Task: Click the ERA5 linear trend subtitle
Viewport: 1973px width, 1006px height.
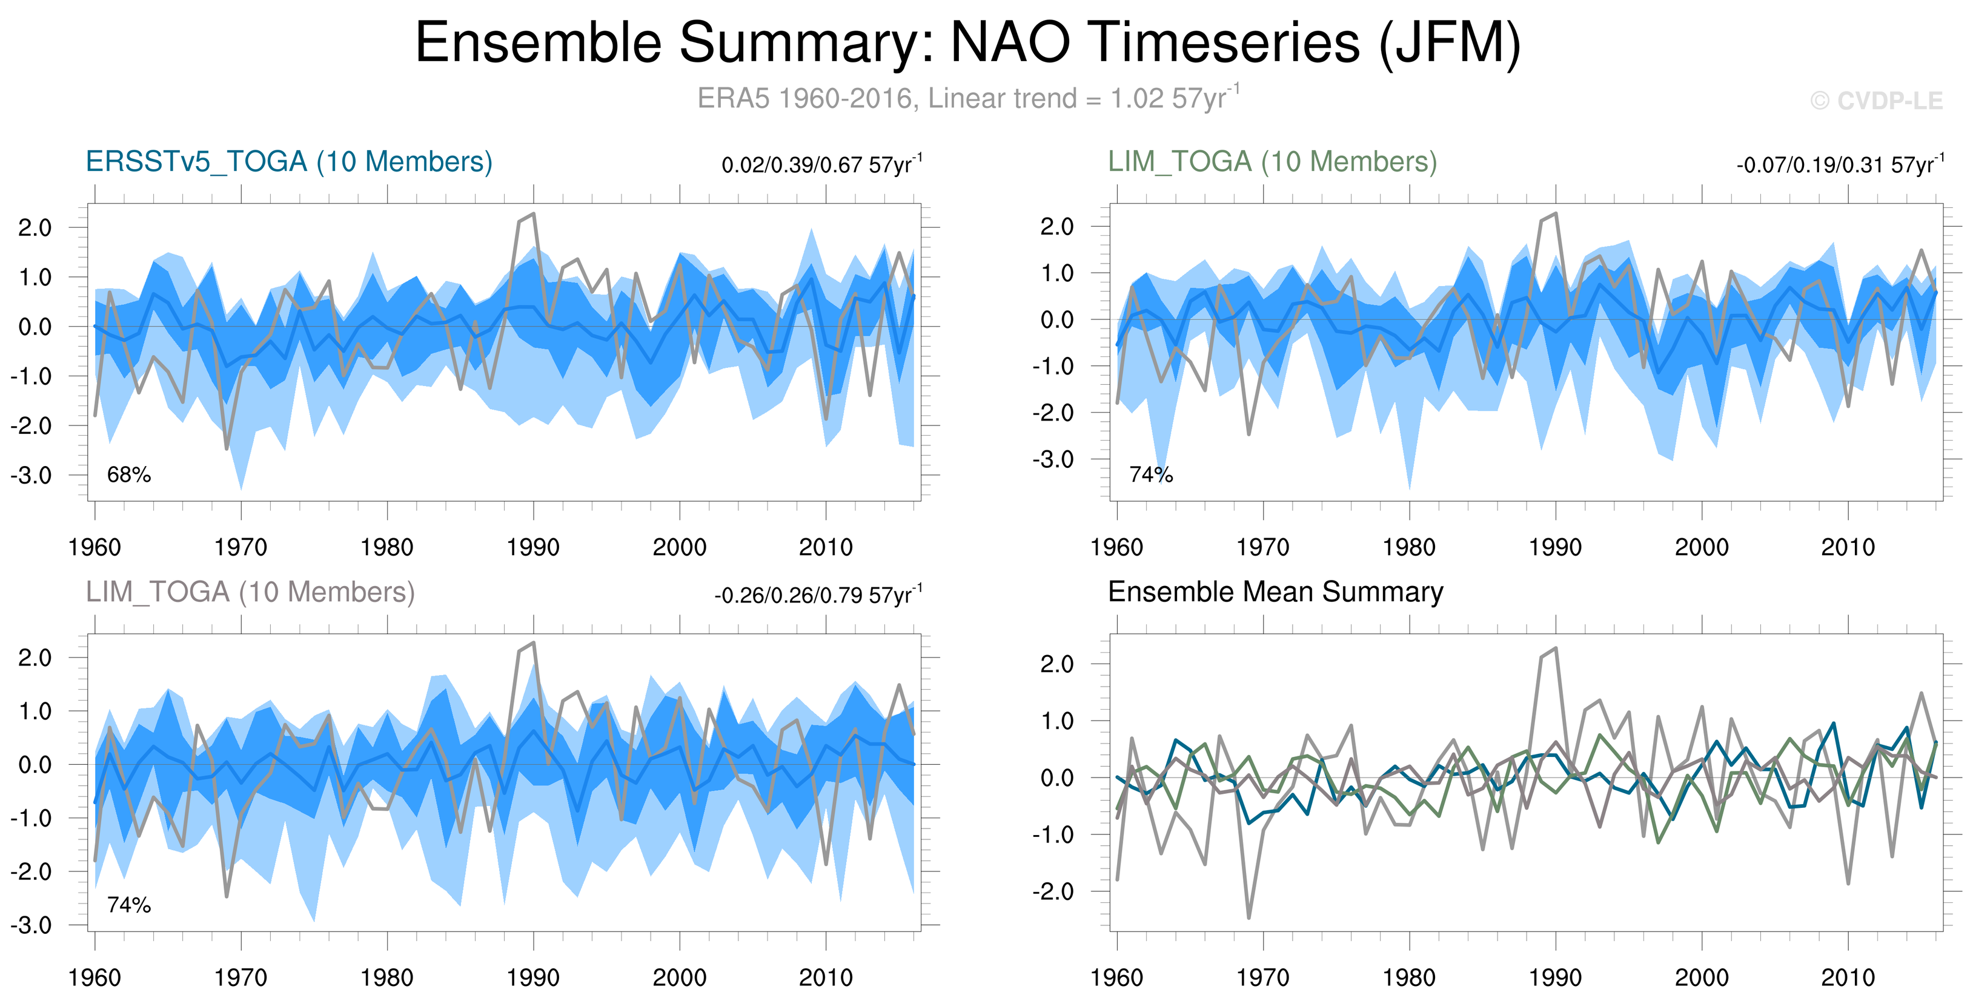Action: pos(967,99)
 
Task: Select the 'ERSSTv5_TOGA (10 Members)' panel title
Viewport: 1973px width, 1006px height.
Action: pos(289,162)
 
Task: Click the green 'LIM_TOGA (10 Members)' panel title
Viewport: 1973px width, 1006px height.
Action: pos(1272,162)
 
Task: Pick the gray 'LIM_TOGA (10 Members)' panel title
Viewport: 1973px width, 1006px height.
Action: pos(250,592)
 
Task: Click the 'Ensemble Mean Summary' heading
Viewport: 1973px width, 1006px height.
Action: pos(1275,592)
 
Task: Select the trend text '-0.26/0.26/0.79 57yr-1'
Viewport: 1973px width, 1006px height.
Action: pos(817,595)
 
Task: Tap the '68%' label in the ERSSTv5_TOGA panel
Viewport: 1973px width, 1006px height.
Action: pos(128,475)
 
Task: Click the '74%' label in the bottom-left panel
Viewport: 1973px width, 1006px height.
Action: pos(128,905)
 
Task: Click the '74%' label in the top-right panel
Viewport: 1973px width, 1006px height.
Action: pos(1150,475)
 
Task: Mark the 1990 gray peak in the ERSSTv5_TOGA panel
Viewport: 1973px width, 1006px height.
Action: pos(533,214)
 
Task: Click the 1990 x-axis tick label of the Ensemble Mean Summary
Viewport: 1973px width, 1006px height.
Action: pos(1555,978)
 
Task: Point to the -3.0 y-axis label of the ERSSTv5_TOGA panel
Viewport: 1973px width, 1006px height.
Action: pos(32,475)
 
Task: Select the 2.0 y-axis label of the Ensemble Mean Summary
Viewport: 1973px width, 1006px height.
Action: pos(1056,664)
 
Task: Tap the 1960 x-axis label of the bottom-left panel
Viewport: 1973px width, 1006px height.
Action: pos(95,978)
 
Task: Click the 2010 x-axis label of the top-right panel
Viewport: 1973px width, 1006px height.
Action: pos(1848,547)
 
